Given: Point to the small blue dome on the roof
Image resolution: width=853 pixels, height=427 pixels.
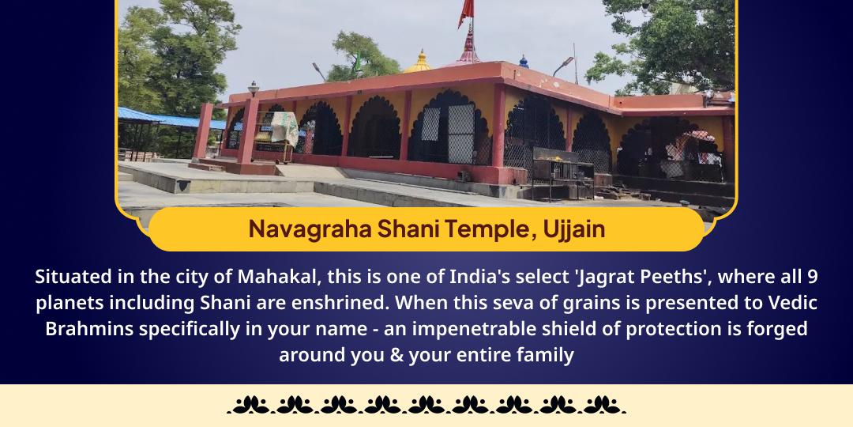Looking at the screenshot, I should [523, 60].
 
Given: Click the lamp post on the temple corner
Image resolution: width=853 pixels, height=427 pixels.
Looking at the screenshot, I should [253, 88].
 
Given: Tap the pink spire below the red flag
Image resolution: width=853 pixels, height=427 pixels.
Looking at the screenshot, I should [469, 46].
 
